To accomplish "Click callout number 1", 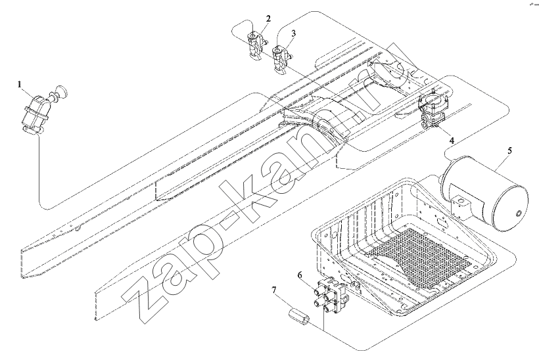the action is coord(20,84).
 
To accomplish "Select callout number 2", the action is coord(268,18).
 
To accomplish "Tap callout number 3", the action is coord(293,33).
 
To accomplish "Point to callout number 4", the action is coord(452,141).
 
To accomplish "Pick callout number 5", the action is coord(510,150).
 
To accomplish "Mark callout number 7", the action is coord(274,290).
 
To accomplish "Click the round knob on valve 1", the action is coord(62,92).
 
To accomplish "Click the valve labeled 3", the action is coord(282,59).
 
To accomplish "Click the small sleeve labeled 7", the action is coord(298,316).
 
